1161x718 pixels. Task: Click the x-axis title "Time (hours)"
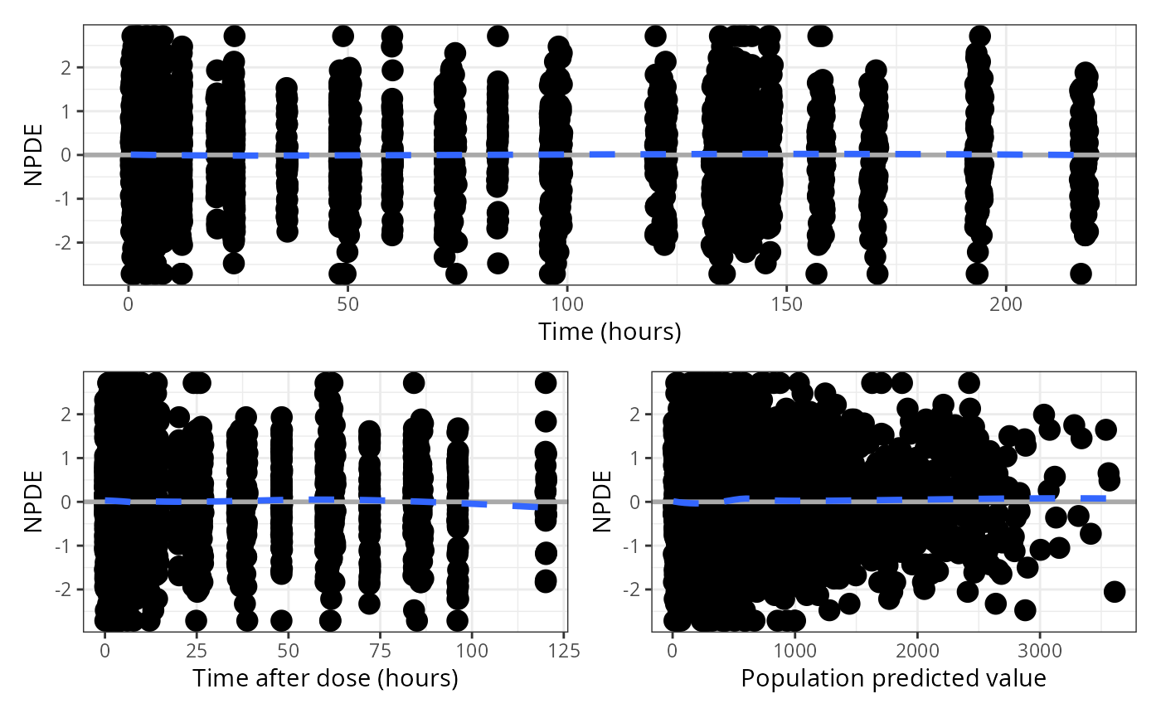coord(610,332)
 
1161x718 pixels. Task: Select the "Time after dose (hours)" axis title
coord(325,678)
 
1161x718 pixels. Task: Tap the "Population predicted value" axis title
coord(893,678)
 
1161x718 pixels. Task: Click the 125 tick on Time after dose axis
coord(565,649)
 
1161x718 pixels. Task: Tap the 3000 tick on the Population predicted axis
coord(1040,649)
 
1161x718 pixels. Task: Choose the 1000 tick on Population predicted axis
coord(794,649)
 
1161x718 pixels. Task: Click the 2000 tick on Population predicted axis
coord(917,649)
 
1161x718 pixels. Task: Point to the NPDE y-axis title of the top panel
coord(34,155)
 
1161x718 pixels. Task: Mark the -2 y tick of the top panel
coord(67,243)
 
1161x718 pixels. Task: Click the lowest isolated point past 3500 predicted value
coord(1114,591)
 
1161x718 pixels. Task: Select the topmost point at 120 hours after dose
coord(545,383)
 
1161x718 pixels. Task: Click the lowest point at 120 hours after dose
coord(545,580)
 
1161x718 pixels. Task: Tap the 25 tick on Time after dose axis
coord(197,649)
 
